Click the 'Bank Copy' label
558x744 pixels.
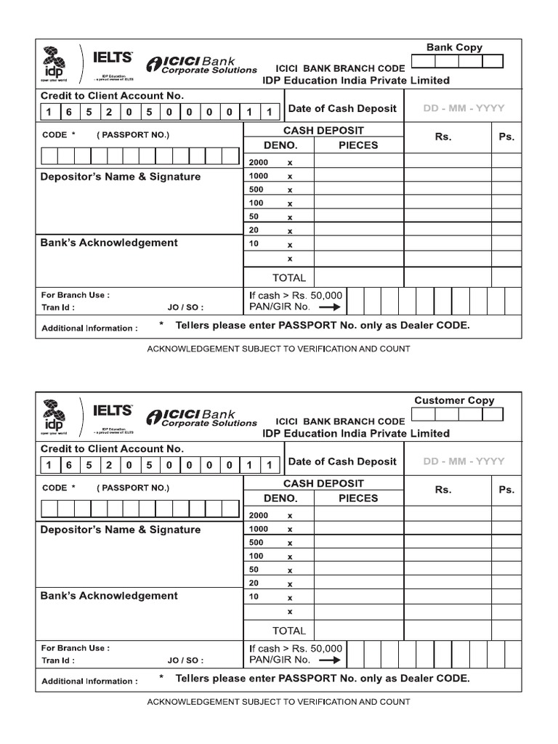(454, 47)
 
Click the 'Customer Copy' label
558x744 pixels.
(454, 400)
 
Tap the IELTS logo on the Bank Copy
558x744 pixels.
(113, 56)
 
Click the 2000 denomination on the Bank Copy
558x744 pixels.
(258, 162)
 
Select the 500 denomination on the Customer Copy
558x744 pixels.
(256, 543)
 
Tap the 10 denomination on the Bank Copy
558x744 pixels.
(254, 244)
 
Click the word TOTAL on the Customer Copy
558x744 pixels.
(289, 631)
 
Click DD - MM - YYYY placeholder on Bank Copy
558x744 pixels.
(464, 108)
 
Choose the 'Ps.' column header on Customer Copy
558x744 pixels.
(506, 490)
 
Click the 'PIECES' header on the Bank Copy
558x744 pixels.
(358, 145)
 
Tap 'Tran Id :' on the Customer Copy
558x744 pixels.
(58, 660)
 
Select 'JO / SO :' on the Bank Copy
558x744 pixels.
(185, 307)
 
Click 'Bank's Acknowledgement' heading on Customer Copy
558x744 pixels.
(109, 596)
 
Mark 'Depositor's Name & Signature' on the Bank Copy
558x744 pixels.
(121, 177)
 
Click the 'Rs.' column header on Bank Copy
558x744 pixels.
(443, 137)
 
